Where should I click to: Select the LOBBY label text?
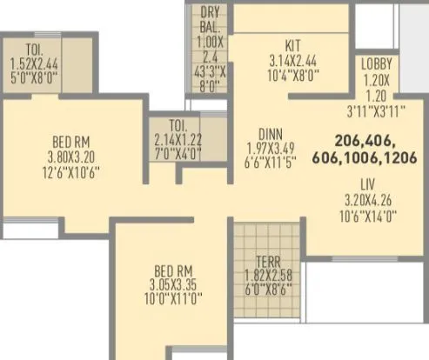click(x=377, y=64)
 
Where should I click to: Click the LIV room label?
click(x=369, y=183)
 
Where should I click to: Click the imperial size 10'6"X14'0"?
click(x=369, y=212)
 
